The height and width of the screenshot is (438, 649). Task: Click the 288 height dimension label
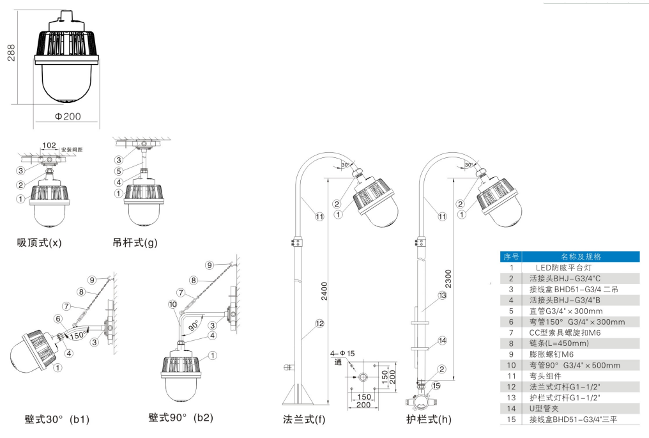(x=11, y=52)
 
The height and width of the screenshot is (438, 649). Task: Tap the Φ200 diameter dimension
(x=68, y=116)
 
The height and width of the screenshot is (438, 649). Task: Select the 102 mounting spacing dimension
(x=49, y=145)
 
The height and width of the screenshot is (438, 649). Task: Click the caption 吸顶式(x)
(x=40, y=242)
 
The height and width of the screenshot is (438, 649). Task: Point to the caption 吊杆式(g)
(x=135, y=242)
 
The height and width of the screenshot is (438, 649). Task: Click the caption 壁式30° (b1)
(x=57, y=419)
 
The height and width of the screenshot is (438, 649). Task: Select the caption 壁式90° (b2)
(x=181, y=418)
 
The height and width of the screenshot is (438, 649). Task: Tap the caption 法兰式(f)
(x=304, y=419)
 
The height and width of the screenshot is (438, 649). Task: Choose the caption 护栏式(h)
(x=429, y=419)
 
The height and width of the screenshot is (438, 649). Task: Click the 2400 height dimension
(x=324, y=291)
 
